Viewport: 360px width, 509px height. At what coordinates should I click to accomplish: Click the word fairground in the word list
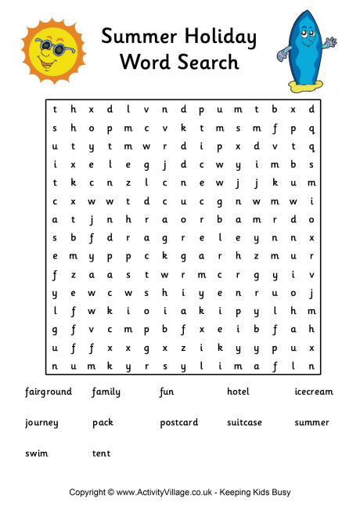[49, 392]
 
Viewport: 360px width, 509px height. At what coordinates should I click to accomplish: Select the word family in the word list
[106, 392]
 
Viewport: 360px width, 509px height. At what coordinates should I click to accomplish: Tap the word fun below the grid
[167, 392]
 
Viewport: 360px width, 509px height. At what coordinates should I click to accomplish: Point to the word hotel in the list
[238, 392]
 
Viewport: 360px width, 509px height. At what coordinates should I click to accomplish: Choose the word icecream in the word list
[313, 392]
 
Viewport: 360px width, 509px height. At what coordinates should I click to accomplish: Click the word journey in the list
[41, 423]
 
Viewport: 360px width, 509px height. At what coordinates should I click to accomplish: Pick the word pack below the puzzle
[103, 423]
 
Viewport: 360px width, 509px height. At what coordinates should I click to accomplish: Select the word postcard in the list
[179, 423]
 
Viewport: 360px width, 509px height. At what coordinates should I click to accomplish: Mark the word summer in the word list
[311, 423]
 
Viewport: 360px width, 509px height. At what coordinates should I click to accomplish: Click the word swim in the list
[36, 453]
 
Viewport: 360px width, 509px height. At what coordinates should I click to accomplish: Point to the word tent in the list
[101, 453]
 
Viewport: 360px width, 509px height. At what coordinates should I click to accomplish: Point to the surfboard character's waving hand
[331, 42]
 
